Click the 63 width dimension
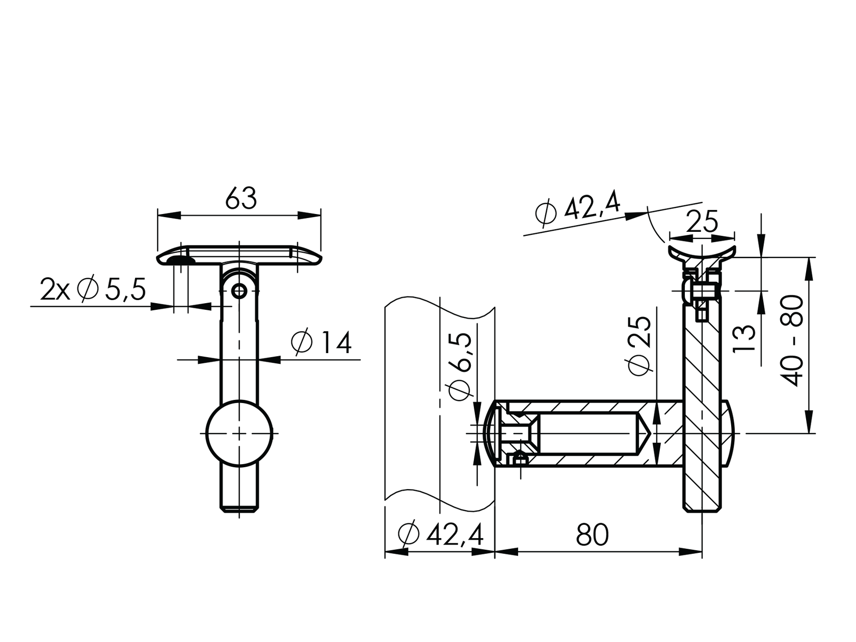point(240,199)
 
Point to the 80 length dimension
point(592,535)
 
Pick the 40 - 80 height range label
point(792,340)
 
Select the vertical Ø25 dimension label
point(639,345)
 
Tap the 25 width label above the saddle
point(702,222)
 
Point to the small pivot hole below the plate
point(239,291)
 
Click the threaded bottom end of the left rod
point(239,507)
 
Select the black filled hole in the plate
point(180,260)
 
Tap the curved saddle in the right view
point(702,253)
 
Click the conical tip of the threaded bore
point(644,434)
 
